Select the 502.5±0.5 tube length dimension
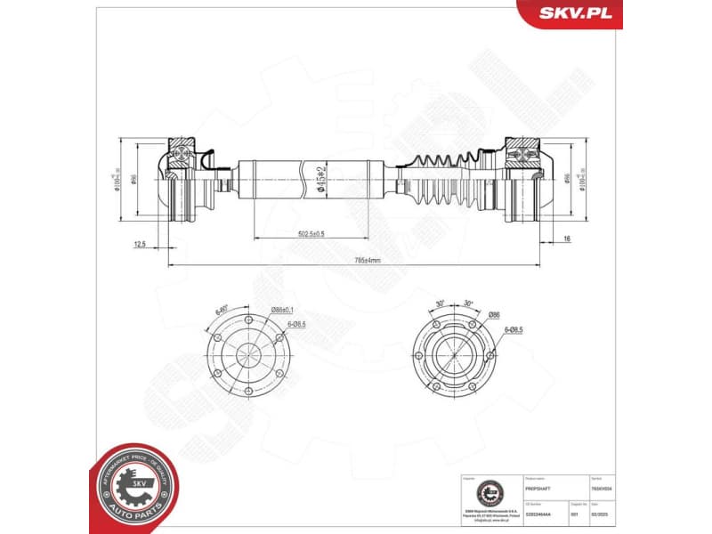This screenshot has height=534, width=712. coord(311,234)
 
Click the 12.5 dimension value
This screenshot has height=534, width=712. coord(140,242)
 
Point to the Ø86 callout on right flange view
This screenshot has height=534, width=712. coord(494,314)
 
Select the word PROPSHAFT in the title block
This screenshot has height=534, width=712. coord(540,489)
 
